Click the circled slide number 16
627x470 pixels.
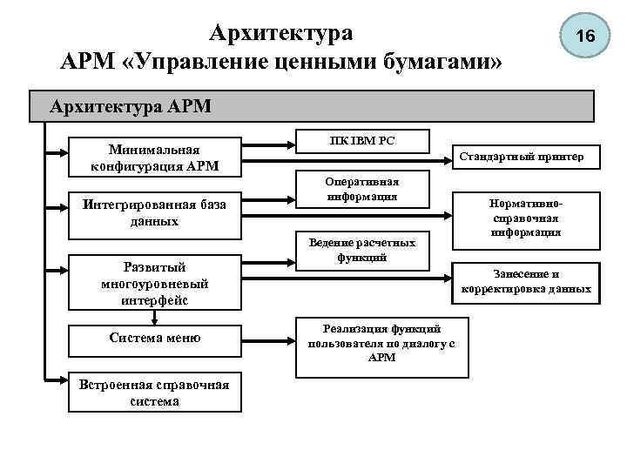585,37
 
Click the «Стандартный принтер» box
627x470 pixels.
529,158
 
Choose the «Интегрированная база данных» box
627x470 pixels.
153,213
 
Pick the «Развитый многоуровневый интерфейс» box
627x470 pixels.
153,284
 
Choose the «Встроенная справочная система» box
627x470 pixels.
153,393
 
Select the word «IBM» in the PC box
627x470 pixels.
353,140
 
